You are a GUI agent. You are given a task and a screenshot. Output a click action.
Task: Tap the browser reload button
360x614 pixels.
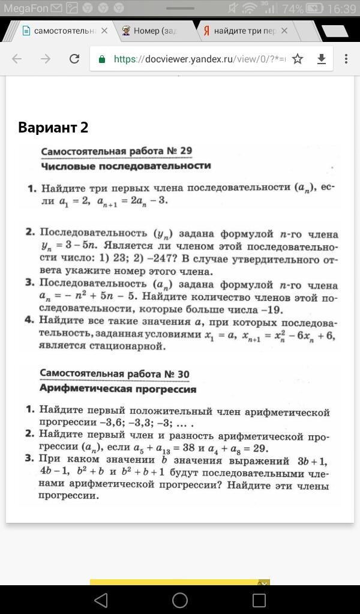click(x=74, y=59)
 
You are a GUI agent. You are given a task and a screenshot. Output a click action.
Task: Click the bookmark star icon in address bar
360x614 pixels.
click(x=298, y=59)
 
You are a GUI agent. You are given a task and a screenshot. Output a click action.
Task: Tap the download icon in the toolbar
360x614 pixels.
click(x=322, y=59)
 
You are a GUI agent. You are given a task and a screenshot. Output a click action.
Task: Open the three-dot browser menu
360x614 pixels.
click(x=346, y=59)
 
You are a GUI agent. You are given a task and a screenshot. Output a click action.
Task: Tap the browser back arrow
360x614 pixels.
click(x=17, y=59)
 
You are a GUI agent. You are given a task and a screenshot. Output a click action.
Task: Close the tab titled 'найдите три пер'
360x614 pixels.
click(x=284, y=31)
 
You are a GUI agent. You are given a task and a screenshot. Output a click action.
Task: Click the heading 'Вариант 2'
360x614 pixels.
click(x=53, y=128)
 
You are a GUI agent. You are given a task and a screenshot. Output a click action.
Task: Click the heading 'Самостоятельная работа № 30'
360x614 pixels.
click(x=115, y=374)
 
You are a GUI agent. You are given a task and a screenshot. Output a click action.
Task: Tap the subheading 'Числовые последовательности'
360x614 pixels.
click(x=126, y=165)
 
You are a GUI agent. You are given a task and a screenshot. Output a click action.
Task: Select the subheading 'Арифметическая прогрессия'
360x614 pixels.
click(x=118, y=389)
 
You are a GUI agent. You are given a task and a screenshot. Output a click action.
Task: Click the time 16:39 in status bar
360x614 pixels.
click(x=343, y=9)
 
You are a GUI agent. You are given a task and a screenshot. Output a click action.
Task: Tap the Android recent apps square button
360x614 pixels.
click(x=259, y=600)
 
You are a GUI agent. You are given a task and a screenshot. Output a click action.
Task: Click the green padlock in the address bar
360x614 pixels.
click(x=102, y=59)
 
